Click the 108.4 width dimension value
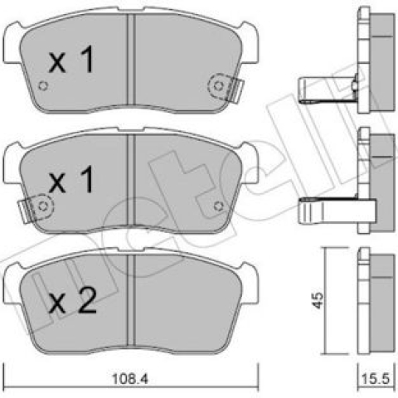(130, 378)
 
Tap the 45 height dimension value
(318, 300)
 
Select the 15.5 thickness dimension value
(376, 379)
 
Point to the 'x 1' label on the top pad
(71, 60)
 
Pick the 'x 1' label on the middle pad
(71, 179)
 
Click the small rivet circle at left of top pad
(43, 86)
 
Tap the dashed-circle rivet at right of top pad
(219, 86)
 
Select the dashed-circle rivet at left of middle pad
(43, 206)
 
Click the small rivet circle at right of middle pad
(218, 206)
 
